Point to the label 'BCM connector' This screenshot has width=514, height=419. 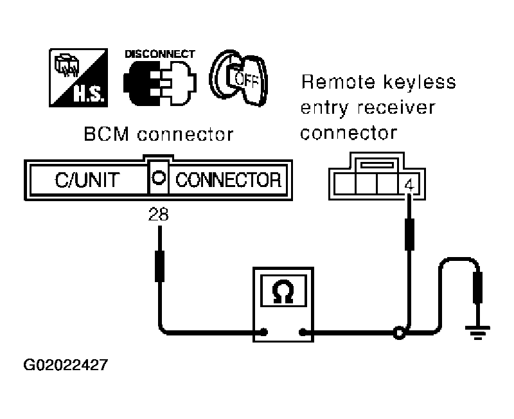pos(158,136)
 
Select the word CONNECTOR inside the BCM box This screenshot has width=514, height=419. pos(228,179)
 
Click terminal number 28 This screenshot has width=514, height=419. pos(159,215)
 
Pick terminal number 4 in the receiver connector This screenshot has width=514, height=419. pos(409,185)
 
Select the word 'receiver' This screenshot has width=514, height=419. pos(398,108)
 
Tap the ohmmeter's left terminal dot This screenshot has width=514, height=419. pos(263,332)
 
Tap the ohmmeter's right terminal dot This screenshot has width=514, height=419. pos(303,332)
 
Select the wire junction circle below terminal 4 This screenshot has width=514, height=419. pos(400,332)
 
